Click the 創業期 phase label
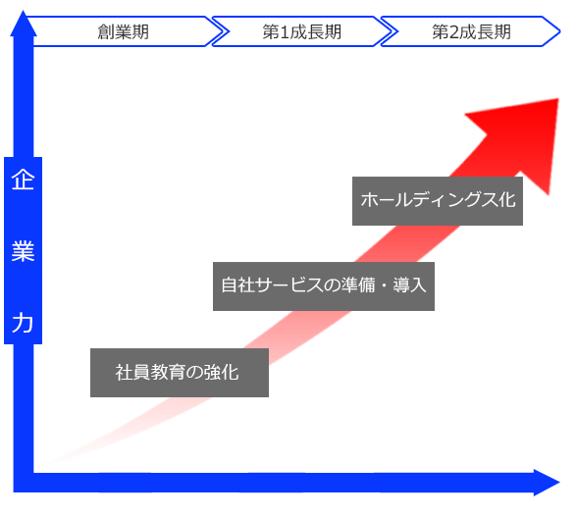[x=123, y=31]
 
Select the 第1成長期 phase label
[x=301, y=31]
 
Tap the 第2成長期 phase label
[x=471, y=31]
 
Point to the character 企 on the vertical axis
[x=23, y=181]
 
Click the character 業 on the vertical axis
[x=23, y=252]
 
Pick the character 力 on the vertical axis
[x=23, y=323]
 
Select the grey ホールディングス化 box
[x=437, y=201]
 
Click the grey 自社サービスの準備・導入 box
[x=323, y=286]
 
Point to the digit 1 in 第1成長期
[x=286, y=31]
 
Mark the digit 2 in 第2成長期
[x=455, y=31]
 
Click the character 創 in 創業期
[x=106, y=31]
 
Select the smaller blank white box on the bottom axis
[x=340, y=459]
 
